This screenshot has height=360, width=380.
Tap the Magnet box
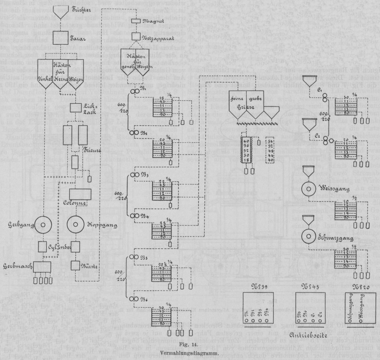(136, 22)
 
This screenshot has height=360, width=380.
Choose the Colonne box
(80, 194)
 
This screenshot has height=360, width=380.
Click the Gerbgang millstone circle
(43, 224)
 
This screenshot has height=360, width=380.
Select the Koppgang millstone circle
(76, 225)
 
